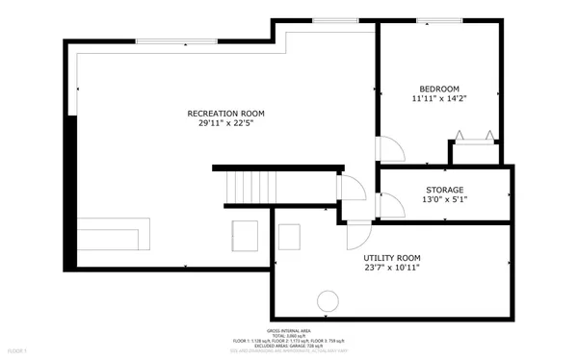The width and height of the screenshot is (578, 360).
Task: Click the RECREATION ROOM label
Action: [225, 114]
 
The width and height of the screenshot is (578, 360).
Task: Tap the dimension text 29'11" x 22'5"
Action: [225, 124]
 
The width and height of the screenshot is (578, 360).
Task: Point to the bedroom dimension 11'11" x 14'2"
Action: [438, 97]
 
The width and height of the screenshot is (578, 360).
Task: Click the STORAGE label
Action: [444, 190]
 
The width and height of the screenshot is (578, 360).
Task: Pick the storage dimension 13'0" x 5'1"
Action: [444, 200]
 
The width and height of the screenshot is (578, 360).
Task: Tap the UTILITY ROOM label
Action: [391, 258]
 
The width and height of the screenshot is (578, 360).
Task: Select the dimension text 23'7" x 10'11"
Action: [391, 270]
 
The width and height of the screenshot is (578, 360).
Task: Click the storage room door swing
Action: [390, 205]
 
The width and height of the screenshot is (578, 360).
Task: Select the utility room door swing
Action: [358, 234]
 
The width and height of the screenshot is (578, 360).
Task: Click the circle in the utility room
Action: [328, 299]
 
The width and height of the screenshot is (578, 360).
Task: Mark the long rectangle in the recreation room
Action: [115, 234]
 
